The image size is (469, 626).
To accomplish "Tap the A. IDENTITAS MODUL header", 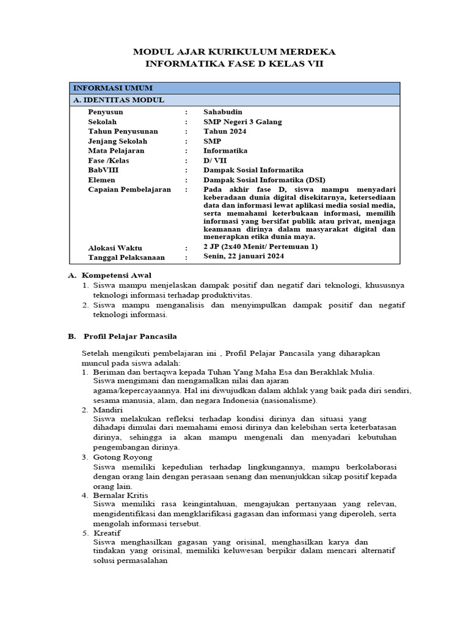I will pos(118,100).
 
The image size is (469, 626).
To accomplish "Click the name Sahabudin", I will pos(223,112).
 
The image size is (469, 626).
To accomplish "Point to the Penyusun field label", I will pos(106,112).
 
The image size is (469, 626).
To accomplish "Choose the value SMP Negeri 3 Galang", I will pos(242,122).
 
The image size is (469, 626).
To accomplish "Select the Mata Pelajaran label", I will pos(116,150).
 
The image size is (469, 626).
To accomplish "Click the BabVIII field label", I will pos(103,170).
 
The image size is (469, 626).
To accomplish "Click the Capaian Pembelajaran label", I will pos(129,190).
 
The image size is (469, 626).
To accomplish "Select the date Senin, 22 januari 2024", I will pos(244,257).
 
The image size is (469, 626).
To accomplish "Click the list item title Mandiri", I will pos(107,409).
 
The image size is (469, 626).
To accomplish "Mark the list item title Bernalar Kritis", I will pos(120,495).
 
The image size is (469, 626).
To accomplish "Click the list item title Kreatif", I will pos(107,533).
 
